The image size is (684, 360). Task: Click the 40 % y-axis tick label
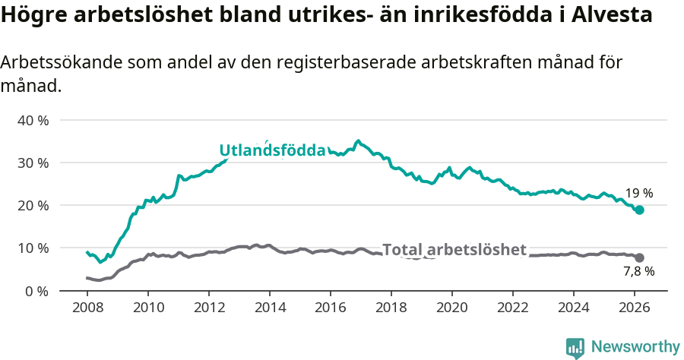click(33, 120)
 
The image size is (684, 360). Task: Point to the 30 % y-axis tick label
click(33, 163)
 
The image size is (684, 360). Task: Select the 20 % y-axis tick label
click(33, 205)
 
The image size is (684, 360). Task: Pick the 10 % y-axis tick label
click(33, 248)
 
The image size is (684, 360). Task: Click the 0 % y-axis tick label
click(36, 291)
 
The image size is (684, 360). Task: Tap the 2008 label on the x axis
click(87, 308)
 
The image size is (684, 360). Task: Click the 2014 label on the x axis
click(270, 308)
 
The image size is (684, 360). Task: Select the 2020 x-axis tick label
click(452, 308)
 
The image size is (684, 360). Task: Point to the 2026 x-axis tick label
click(635, 308)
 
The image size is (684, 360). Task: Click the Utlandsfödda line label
click(272, 150)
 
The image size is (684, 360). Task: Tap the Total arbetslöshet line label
click(454, 250)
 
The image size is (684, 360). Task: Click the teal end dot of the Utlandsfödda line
click(640, 210)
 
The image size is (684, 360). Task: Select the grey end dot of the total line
click(640, 258)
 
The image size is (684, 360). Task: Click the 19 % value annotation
click(639, 194)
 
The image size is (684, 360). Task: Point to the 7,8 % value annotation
click(638, 271)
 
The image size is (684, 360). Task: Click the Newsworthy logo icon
click(575, 347)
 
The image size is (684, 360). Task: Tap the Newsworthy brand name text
click(635, 347)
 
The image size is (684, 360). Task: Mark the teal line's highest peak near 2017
click(358, 141)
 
